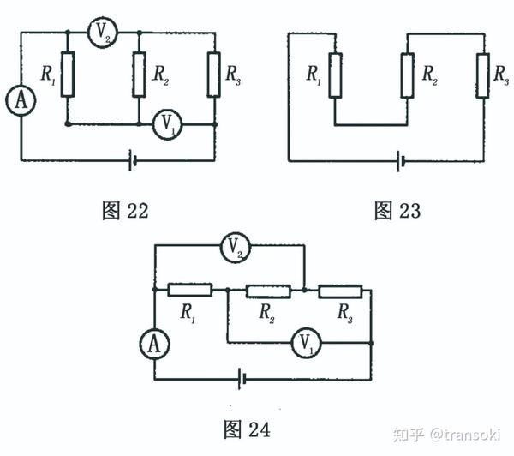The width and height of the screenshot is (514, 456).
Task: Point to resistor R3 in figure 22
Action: pyautogui.click(x=214, y=75)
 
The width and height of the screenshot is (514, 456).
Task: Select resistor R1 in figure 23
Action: pyautogui.click(x=335, y=75)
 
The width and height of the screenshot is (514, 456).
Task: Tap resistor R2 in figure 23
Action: pyautogui.click(x=408, y=75)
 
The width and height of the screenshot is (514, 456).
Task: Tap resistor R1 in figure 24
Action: pyautogui.click(x=189, y=291)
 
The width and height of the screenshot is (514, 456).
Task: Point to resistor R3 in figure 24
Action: pyautogui.click(x=340, y=291)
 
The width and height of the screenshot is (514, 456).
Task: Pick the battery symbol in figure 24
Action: pyautogui.click(x=245, y=377)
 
